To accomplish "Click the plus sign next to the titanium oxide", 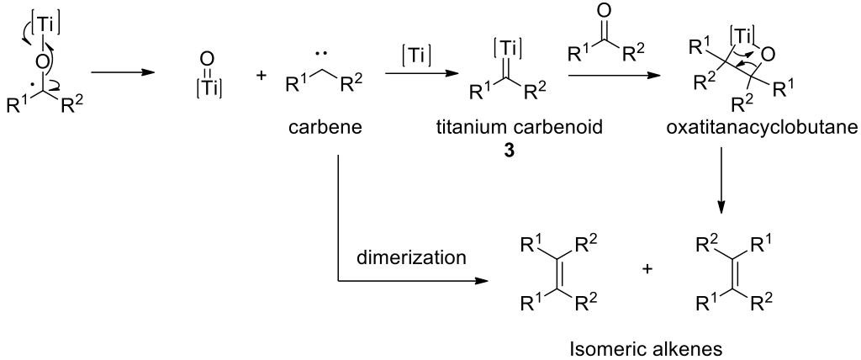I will (261, 77).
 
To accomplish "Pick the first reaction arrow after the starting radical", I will (123, 72).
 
